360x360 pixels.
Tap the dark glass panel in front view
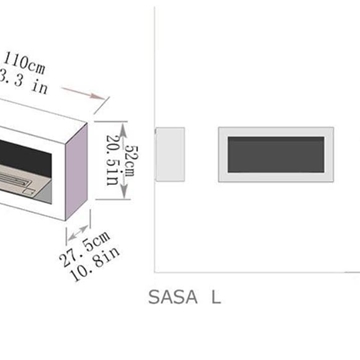coord(276,155)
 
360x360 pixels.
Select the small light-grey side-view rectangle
coord(172,155)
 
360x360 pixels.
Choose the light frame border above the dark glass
coord(276,132)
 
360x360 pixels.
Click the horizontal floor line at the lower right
coord(352,270)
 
